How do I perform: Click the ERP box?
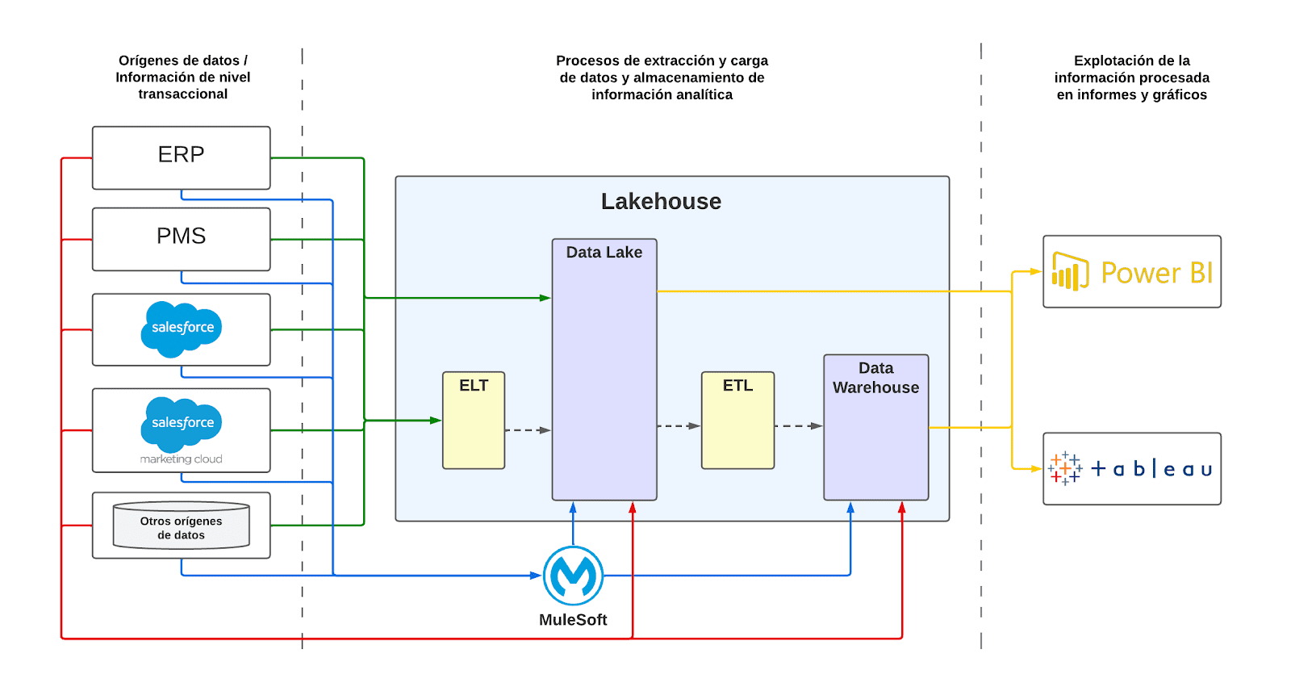(181, 157)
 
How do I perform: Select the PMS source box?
(181, 239)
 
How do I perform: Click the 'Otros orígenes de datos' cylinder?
(181, 526)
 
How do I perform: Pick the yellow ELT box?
(474, 420)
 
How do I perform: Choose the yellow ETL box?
(737, 420)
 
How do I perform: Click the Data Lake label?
(604, 253)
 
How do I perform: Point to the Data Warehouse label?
(876, 378)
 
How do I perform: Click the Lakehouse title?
(661, 202)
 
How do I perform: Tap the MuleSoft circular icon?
(573, 576)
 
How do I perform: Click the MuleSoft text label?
(573, 620)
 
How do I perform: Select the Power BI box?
(1131, 272)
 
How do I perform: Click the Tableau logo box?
(1131, 469)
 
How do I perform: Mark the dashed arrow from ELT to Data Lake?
(528, 430)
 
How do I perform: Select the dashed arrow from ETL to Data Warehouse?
(798, 425)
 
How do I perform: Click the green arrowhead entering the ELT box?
(436, 421)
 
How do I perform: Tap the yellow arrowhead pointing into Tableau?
(1037, 469)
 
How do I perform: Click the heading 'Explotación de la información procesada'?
(1131, 77)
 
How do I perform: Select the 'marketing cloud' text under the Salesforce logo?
(182, 459)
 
